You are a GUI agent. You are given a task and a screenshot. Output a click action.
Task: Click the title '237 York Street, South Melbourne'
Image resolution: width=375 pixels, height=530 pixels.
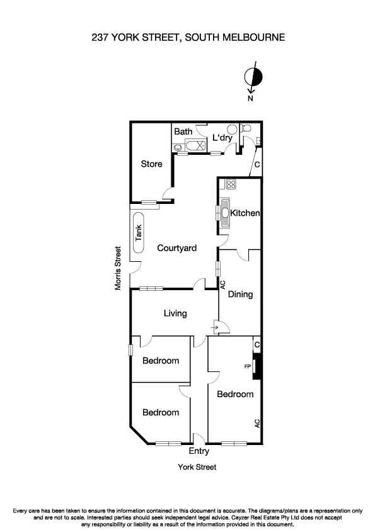(x=187, y=38)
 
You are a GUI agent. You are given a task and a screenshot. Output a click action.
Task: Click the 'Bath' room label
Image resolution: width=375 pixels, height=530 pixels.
(x=183, y=132)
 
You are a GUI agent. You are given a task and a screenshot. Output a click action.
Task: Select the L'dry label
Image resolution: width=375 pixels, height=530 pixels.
(x=222, y=137)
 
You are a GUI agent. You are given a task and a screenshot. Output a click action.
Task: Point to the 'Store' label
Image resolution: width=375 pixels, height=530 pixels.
(x=151, y=164)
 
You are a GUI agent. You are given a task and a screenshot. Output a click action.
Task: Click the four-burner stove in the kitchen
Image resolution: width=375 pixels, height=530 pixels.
(x=231, y=184)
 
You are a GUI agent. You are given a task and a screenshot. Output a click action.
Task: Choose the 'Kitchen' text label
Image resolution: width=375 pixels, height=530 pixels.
(x=245, y=213)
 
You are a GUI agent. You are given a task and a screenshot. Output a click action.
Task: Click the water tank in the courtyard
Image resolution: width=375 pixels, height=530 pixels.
(x=139, y=234)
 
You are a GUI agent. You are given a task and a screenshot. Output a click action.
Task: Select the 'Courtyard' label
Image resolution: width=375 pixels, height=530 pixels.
(x=176, y=248)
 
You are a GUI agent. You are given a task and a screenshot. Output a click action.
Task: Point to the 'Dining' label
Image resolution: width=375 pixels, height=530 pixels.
(x=240, y=294)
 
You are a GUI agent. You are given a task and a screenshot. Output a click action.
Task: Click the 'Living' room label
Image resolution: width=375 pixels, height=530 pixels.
(x=175, y=313)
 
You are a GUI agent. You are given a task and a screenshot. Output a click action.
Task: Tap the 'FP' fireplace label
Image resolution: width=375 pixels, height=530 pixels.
(x=247, y=365)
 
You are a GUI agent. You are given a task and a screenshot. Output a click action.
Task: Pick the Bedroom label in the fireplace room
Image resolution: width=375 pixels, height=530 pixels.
(x=235, y=394)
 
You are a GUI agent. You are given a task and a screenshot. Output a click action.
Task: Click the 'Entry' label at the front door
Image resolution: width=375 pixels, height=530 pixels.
(x=199, y=451)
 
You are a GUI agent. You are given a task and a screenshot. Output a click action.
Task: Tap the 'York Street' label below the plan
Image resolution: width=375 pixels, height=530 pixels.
(x=197, y=467)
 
